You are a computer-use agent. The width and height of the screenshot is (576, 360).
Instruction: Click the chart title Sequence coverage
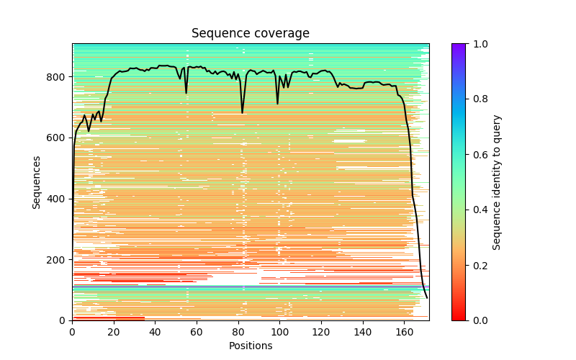point(251,34)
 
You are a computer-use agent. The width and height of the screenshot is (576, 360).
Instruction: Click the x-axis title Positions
point(251,346)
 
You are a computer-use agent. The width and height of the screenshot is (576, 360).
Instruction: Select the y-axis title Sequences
point(37,182)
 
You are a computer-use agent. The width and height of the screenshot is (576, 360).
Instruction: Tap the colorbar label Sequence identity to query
point(497,182)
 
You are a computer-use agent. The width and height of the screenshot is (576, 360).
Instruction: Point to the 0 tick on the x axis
point(72,332)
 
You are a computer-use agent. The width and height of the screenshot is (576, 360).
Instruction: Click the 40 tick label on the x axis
point(155,332)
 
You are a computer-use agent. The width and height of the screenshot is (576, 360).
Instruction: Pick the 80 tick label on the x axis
point(238,332)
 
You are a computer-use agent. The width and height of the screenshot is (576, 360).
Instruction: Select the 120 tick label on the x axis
point(321,332)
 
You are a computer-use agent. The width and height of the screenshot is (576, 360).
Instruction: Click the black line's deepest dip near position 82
point(243,113)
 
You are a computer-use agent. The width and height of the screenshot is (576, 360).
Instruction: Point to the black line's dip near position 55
point(186,93)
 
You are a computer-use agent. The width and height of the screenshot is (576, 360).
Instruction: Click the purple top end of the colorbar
point(459,45)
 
